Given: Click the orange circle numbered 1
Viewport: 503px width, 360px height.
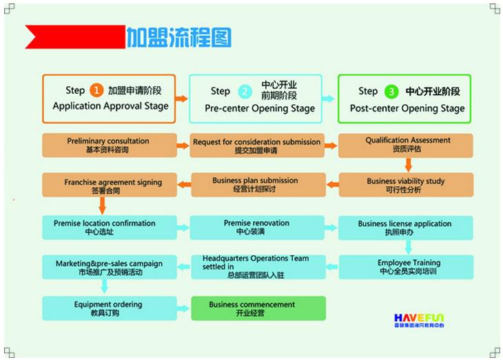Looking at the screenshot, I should click(x=96, y=90).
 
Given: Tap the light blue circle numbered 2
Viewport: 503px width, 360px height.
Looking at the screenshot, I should click(x=245, y=91).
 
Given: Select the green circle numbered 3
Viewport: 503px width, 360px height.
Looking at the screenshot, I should click(x=391, y=91).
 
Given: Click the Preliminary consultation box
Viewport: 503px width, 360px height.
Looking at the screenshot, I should click(x=108, y=145).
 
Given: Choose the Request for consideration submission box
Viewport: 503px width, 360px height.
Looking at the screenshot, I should click(x=256, y=146).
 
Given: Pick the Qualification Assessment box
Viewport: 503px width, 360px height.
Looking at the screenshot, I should click(x=406, y=145).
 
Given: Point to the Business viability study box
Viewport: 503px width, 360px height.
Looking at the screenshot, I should click(x=406, y=185).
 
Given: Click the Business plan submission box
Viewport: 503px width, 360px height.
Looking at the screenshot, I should click(x=256, y=185).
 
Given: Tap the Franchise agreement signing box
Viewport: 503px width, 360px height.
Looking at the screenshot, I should click(x=108, y=186).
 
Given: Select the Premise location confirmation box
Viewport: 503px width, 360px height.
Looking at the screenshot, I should click(x=108, y=228).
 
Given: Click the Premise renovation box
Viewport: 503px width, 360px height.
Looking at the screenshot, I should click(x=256, y=228).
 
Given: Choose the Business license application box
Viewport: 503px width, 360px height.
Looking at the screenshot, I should click(x=406, y=228).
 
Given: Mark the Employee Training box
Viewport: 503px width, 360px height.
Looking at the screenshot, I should click(x=406, y=267).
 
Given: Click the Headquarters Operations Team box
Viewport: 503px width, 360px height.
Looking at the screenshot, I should click(x=256, y=267).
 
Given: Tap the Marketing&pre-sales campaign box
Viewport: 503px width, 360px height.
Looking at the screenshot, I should click(x=108, y=267).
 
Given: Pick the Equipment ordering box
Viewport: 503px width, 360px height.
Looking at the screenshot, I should click(x=108, y=308).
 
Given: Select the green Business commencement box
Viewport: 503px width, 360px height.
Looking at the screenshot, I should click(x=256, y=308).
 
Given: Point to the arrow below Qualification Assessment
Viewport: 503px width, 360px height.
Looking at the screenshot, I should click(x=408, y=165).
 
